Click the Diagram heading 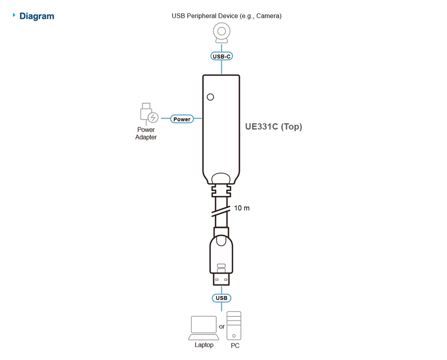pyautogui.click(x=37, y=16)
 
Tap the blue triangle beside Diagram pyautogui.click(x=14, y=15)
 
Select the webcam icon pyautogui.click(x=221, y=33)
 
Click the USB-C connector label pyautogui.click(x=221, y=56)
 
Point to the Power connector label pyautogui.click(x=182, y=119)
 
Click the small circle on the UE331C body pyautogui.click(x=211, y=97)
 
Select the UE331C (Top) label pyautogui.click(x=274, y=126)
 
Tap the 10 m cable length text pyautogui.click(x=242, y=208)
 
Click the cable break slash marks pyautogui.click(x=221, y=211)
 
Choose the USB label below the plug pyautogui.click(x=221, y=298)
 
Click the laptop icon pyautogui.click(x=204, y=328)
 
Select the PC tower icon pyautogui.click(x=234, y=326)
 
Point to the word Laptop pyautogui.click(x=204, y=345)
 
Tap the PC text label pyautogui.click(x=235, y=345)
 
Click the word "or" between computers pyautogui.click(x=222, y=327)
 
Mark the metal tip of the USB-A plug pyautogui.click(x=221, y=279)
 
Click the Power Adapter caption pyautogui.click(x=146, y=133)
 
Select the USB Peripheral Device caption pyautogui.click(x=227, y=16)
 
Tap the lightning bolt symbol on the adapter pyautogui.click(x=153, y=117)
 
